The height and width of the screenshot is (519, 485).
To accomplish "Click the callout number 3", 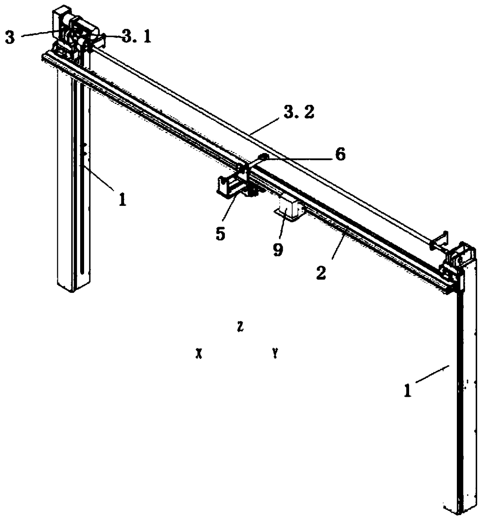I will [10, 38].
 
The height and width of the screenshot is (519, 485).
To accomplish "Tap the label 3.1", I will [136, 37].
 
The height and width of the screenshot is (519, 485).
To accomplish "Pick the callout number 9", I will [277, 249].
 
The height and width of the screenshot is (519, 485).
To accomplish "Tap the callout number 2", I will [321, 273].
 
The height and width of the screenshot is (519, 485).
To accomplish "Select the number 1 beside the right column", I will [408, 390].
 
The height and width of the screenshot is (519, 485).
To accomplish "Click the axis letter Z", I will [240, 327].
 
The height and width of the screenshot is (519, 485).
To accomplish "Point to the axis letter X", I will [199, 354].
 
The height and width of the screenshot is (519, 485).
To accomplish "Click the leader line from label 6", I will [301, 157].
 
